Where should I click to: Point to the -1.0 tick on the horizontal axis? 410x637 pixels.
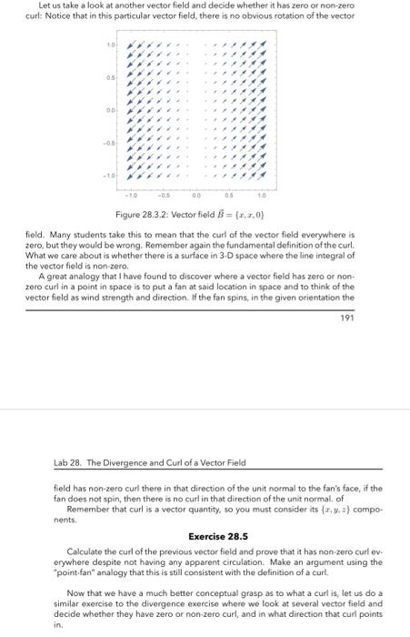[x=131, y=193]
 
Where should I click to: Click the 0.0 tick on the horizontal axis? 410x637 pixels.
[x=197, y=193]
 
